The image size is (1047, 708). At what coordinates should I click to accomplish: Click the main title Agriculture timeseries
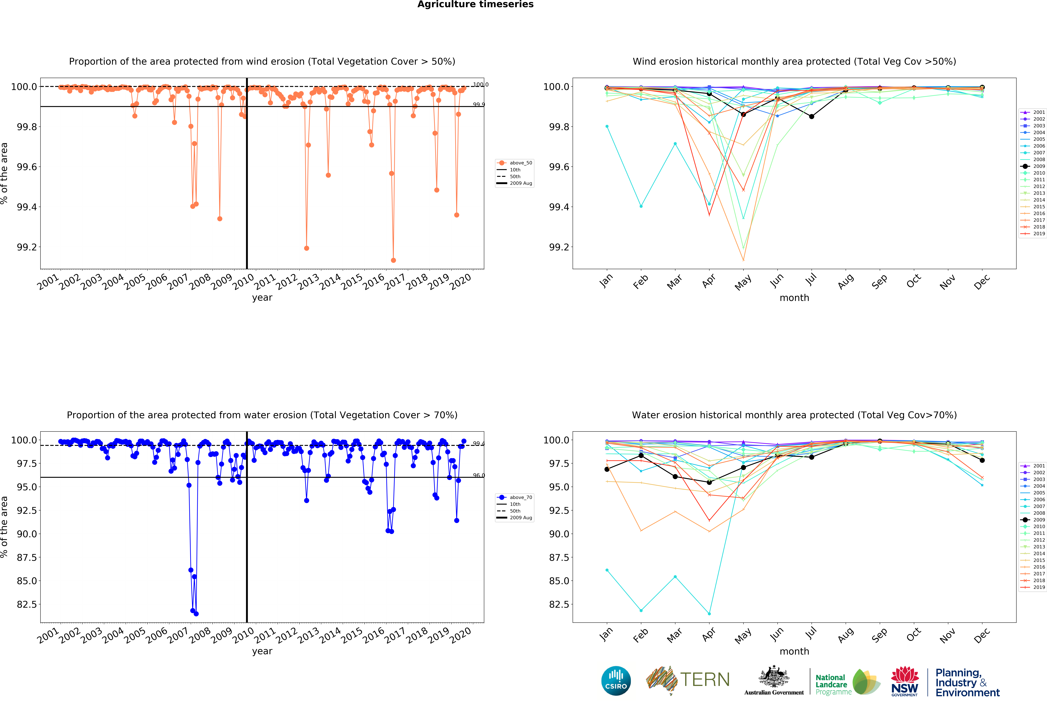click(475, 5)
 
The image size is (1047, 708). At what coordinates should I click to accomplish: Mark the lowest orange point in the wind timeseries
click(393, 260)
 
